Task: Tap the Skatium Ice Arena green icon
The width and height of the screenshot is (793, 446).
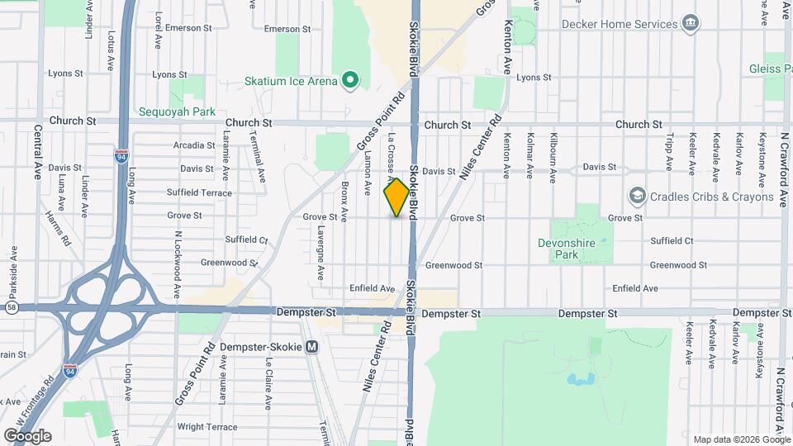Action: coord(350,80)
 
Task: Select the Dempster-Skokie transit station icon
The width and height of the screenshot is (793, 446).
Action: coord(311,347)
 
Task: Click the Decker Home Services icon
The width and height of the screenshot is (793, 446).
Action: coord(691,23)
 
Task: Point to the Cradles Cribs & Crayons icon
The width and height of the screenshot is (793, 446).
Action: coord(637,197)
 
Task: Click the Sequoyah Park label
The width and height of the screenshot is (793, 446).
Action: coord(177,111)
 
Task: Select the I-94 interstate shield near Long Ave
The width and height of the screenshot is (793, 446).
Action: coord(122,154)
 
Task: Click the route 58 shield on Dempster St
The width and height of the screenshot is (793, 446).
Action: coord(10,307)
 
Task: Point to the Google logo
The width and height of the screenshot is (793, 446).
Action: coord(26,435)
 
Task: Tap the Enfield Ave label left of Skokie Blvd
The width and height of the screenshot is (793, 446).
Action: coord(373,288)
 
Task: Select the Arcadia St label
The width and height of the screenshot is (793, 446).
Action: coord(194,145)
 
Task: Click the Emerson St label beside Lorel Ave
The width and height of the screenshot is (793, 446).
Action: coord(188,28)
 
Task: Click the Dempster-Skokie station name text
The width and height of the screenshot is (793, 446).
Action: coord(260,347)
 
